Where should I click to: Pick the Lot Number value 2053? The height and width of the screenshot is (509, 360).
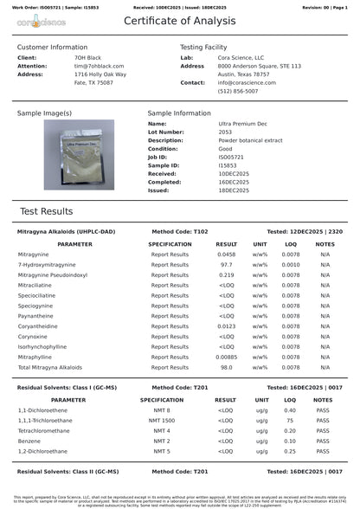(x=202, y=132)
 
